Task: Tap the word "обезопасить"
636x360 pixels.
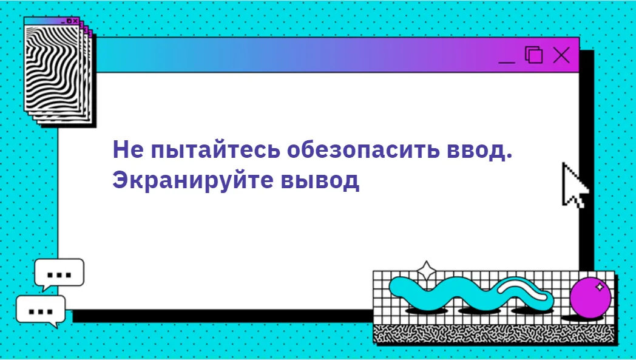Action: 364,150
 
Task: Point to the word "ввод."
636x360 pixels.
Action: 480,150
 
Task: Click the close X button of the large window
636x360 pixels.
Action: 561,55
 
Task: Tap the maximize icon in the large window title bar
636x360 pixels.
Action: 534,55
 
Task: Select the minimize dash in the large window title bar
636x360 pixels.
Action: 507,63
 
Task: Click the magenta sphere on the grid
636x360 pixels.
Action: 590,297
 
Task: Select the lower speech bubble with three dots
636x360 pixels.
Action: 41,310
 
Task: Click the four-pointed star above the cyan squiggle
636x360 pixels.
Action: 426,271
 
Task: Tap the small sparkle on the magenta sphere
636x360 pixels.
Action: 600,287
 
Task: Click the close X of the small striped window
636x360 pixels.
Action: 75,21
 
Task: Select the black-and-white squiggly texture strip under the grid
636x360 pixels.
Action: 495,334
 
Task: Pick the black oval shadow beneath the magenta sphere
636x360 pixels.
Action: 583,318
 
